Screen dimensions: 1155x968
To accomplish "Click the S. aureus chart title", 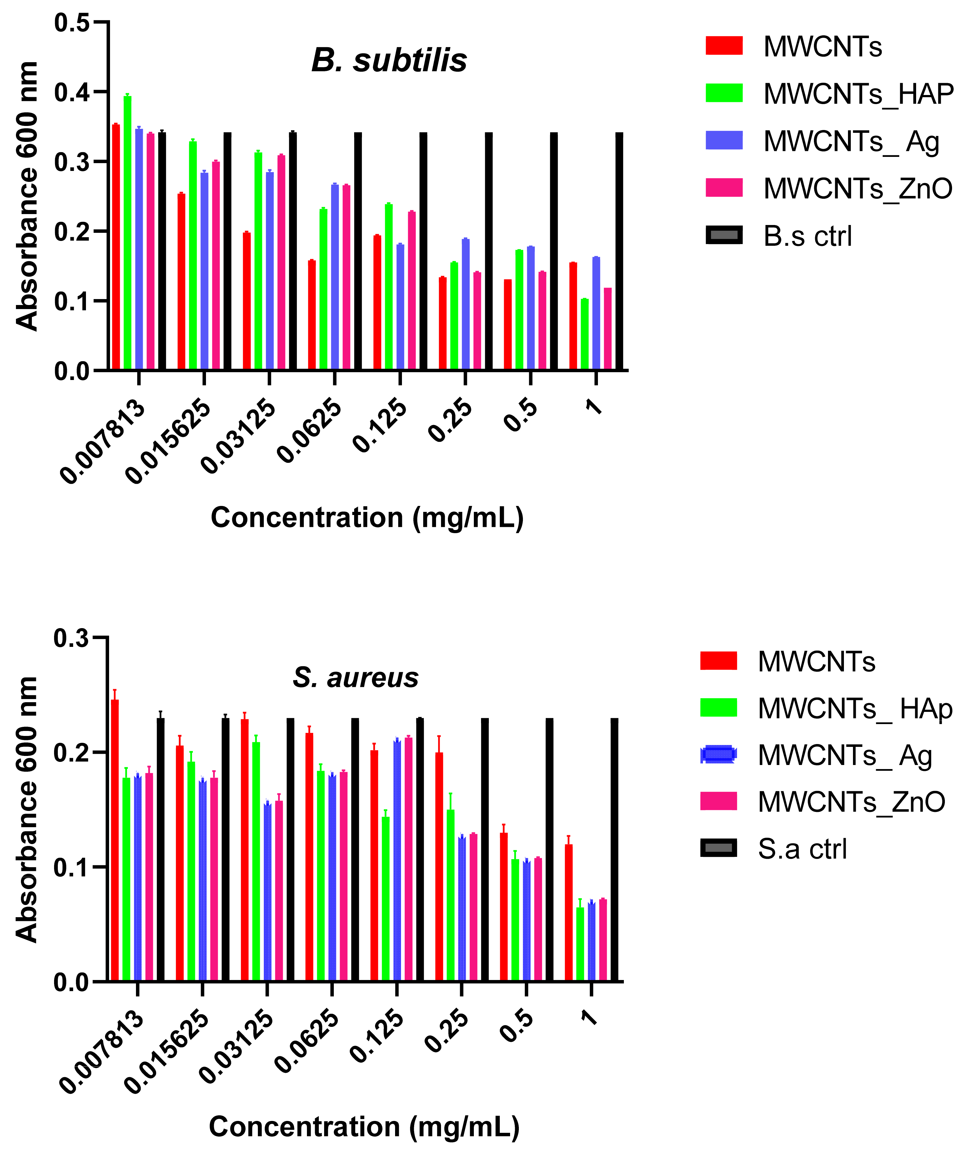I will pos(355,677).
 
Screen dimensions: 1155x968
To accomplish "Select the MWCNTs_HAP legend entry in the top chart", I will pos(858,94).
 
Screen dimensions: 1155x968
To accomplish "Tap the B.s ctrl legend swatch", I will pos(724,235).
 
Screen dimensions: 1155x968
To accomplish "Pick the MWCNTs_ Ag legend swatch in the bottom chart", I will pos(718,755).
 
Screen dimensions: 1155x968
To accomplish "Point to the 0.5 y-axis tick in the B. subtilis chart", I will pos(72,23).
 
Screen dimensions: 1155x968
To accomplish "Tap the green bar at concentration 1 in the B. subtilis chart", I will pos(585,334).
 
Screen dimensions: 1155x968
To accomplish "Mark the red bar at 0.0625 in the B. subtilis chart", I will pos(312,315).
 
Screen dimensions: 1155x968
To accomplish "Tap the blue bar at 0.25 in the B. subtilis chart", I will pos(466,304).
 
